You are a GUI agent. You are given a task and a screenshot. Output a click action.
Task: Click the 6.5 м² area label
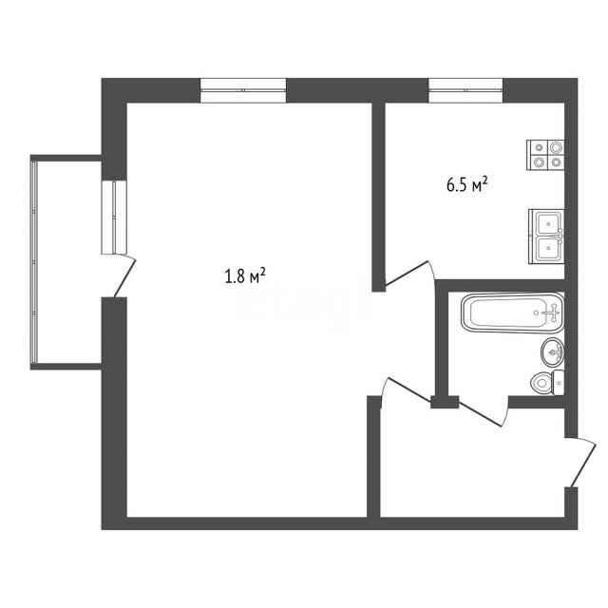coord(466,184)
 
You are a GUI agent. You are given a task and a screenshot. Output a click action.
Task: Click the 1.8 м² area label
coord(245,275)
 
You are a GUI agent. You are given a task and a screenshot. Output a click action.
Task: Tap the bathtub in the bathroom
coord(513,313)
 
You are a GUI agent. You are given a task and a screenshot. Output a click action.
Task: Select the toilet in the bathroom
coord(547,382)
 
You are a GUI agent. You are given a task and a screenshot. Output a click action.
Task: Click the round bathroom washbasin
coord(553,351)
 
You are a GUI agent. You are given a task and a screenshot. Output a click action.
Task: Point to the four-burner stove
coord(545,155)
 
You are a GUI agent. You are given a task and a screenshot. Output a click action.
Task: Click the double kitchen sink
coord(546,237)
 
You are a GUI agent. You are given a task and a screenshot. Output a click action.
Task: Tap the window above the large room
coord(243,90)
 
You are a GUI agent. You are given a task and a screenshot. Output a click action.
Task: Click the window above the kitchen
coord(465,90)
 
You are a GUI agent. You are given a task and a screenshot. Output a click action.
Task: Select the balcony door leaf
coord(124,277)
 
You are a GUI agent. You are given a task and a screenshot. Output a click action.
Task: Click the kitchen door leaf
coord(407,274)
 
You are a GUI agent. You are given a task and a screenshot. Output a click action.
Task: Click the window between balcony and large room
coord(114,218)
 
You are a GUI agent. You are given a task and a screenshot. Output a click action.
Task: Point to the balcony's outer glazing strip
coord(34,262)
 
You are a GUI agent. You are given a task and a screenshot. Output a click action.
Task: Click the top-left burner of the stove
coord(539,147)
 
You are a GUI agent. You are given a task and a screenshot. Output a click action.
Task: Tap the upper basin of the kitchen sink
coord(549,224)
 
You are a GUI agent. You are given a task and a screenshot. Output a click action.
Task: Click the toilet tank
coord(559,383)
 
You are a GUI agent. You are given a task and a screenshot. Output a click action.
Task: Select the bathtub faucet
coord(553,313)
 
